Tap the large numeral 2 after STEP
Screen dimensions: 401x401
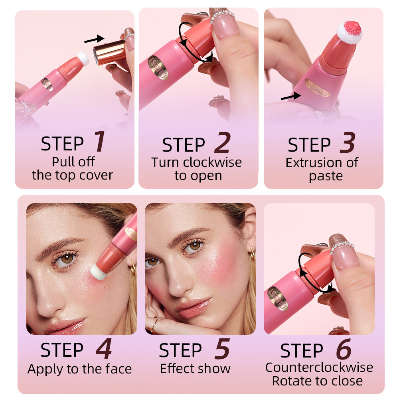pyautogui.click(x=222, y=143)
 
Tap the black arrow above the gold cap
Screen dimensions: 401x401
pyautogui.click(x=94, y=39)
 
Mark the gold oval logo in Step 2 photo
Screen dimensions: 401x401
pyautogui.click(x=158, y=68)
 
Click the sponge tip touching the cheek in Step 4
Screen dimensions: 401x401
pyautogui.click(x=99, y=271)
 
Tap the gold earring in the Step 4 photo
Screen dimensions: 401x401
pyautogui.click(x=132, y=267)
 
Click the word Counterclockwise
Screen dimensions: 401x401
pyautogui.click(x=319, y=367)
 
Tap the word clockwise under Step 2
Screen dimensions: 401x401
pyautogui.click(x=212, y=162)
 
